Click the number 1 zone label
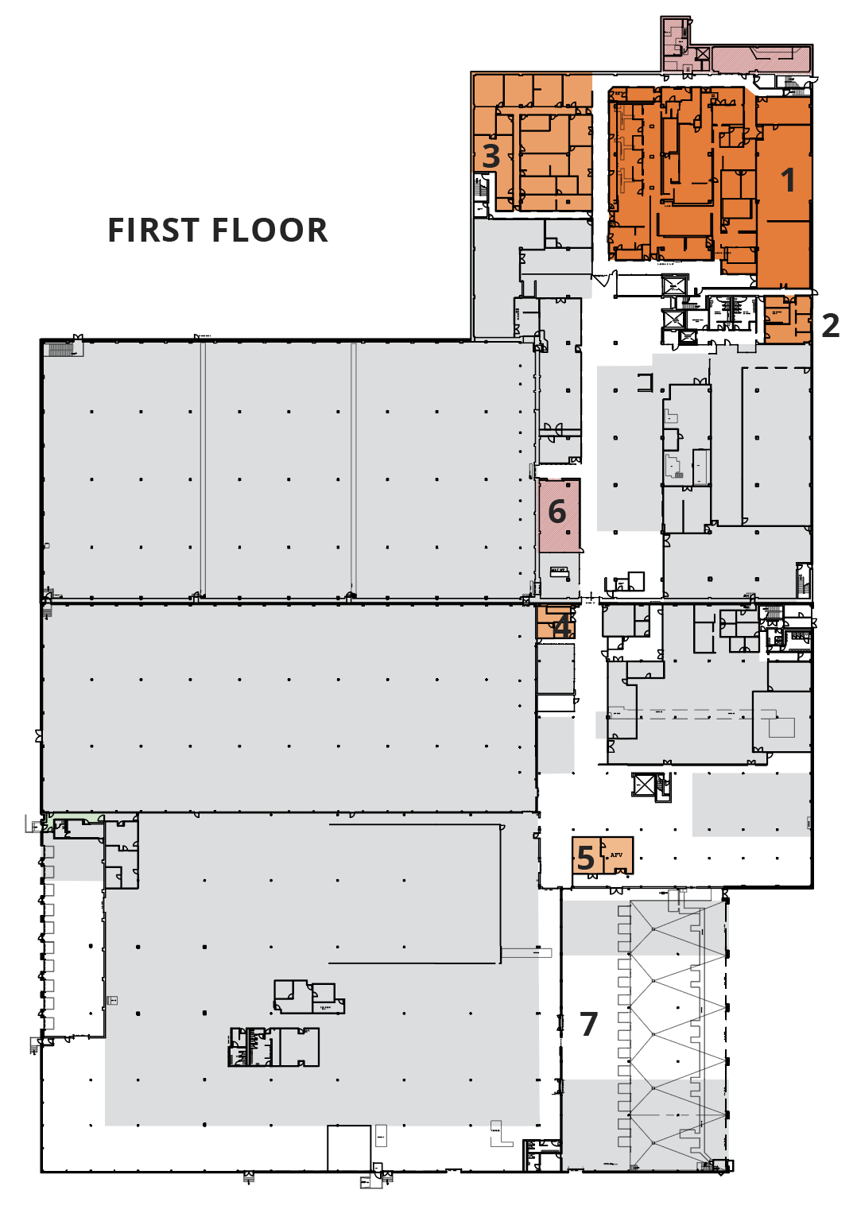tap(788, 180)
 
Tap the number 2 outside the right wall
tap(830, 326)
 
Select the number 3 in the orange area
tap(491, 157)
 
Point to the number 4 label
tap(562, 626)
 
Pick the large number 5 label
tap(586, 859)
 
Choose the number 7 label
tap(588, 1025)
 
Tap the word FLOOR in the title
tap(274, 231)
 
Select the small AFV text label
tap(616, 855)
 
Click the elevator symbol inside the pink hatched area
tap(702, 55)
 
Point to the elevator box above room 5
tap(643, 785)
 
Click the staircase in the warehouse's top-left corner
tap(59, 349)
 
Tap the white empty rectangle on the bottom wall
tap(349, 1148)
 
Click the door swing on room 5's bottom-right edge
tap(621, 871)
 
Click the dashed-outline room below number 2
tap(775, 445)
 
